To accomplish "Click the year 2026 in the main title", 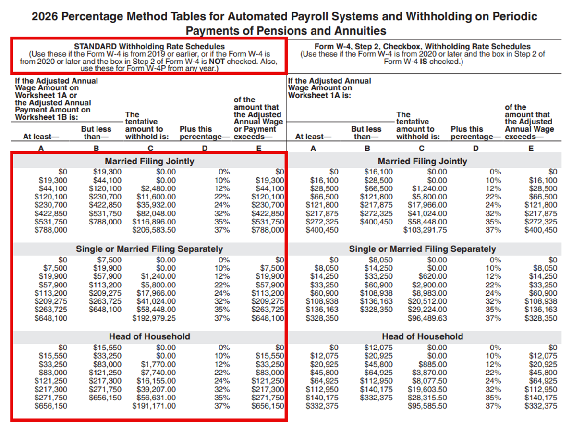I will tap(46, 16).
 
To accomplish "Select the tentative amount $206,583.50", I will tap(154, 230).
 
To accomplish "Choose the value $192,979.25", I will tap(154, 318).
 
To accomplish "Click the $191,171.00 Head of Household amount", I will tap(154, 406).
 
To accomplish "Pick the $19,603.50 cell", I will tap(428, 389).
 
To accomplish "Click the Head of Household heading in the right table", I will tap(422, 336).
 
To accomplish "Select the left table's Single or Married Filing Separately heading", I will tap(149, 249).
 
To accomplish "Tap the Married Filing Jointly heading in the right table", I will tap(422, 161).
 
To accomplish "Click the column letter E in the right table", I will tap(531, 149).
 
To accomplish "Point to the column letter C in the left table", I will tap(151, 149).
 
